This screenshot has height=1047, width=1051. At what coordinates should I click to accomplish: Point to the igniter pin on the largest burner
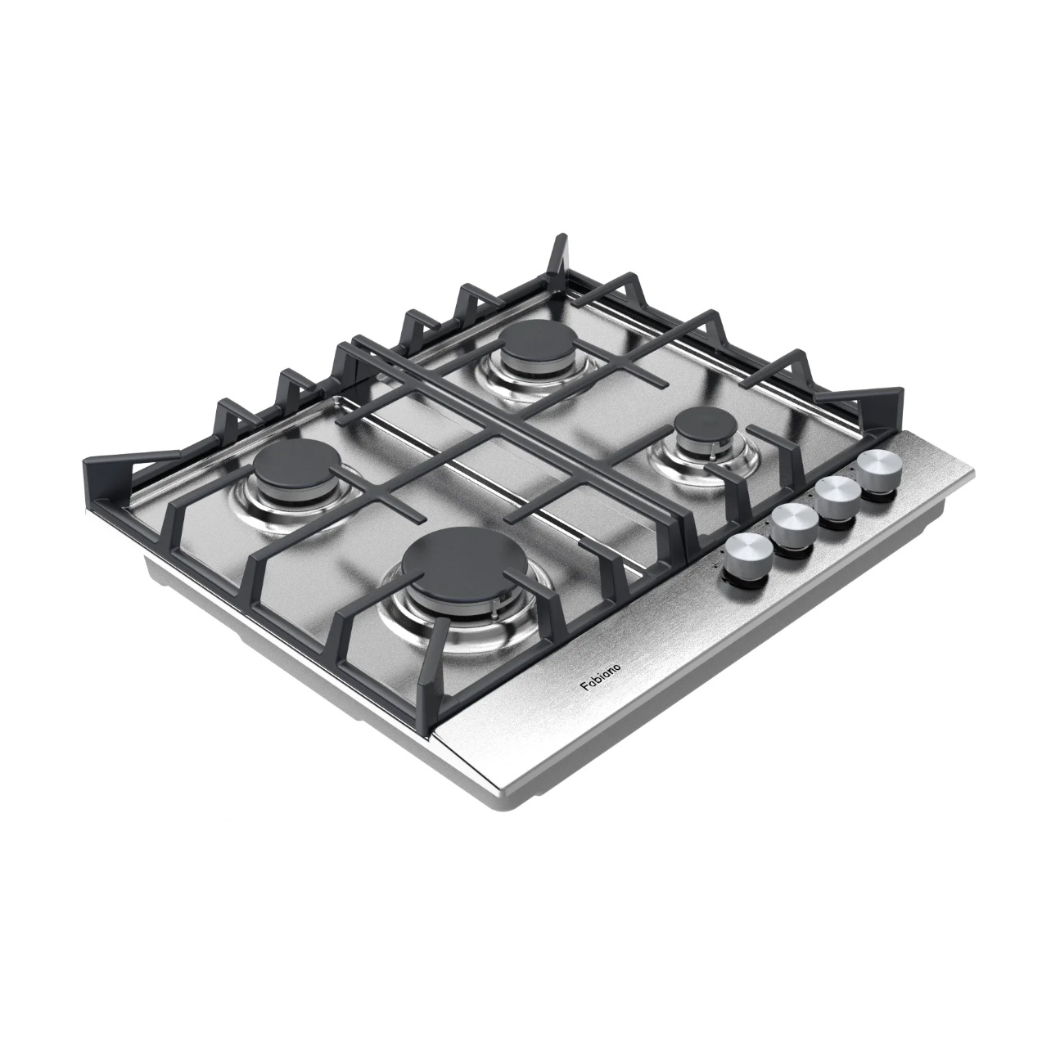point(494,599)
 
